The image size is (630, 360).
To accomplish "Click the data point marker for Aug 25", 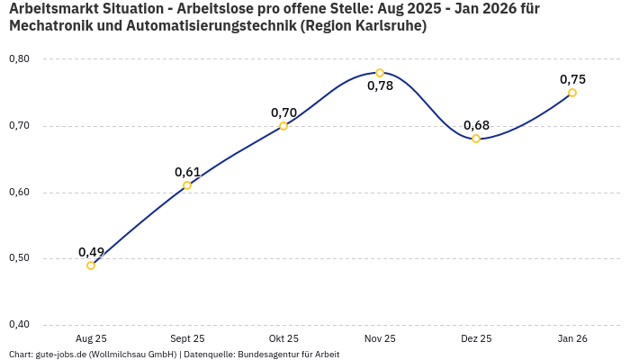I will (x=91, y=265).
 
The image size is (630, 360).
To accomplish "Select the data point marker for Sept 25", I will (x=187, y=185).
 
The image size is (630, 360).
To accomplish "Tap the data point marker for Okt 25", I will (x=283, y=126).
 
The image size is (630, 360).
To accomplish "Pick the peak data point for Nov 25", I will (x=380, y=73).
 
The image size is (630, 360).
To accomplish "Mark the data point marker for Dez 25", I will (x=476, y=139).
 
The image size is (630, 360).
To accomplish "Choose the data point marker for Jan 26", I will (x=572, y=93).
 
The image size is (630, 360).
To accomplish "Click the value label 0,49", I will (x=91, y=251).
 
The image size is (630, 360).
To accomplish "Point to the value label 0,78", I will (x=380, y=86).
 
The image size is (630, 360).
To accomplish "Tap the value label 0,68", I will (x=476, y=124).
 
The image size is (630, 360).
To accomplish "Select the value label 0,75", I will (x=572, y=79).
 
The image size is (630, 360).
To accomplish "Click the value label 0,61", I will (x=187, y=172).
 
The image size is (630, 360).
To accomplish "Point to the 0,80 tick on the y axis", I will (x=19, y=59).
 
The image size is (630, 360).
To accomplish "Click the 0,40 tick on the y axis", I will (x=19, y=325).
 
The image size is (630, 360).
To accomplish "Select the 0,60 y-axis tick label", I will (x=19, y=193).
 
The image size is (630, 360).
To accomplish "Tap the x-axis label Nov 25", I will (x=380, y=338).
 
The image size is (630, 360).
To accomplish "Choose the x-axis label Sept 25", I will (x=187, y=338).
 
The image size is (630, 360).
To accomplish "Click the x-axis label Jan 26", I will (x=572, y=338).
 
